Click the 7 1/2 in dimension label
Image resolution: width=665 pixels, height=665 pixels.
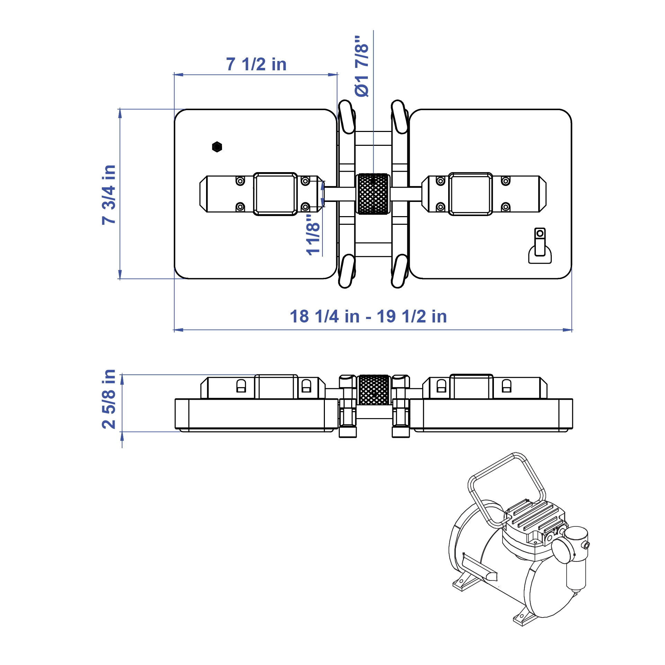pyautogui.click(x=256, y=64)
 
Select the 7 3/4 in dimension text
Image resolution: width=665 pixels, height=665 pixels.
pyautogui.click(x=109, y=195)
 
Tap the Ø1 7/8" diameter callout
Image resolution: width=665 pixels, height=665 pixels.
pyautogui.click(x=362, y=66)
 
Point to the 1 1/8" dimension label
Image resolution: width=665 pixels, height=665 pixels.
pyautogui.click(x=313, y=234)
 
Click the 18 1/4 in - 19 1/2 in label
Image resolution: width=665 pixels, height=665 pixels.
pyautogui.click(x=368, y=317)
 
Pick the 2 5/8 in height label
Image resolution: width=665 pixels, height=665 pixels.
pyautogui.click(x=109, y=399)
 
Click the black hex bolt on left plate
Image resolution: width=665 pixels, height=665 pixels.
pyautogui.click(x=217, y=147)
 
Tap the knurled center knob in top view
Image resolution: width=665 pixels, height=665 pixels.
pyautogui.click(x=373, y=194)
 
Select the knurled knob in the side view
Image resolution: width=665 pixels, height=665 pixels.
pyautogui.click(x=374, y=390)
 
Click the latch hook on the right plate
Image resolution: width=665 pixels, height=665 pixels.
pyautogui.click(x=540, y=246)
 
